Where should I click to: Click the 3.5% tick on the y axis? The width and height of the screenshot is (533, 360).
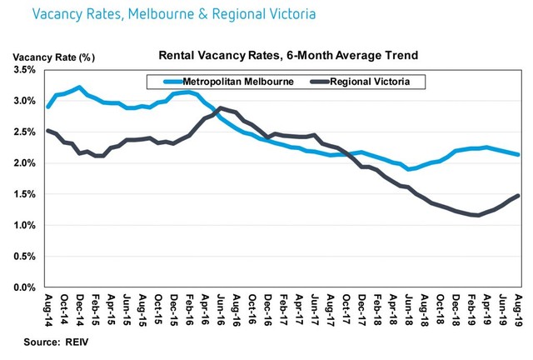point(24,70)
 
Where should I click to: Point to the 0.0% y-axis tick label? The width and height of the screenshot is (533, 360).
point(24,287)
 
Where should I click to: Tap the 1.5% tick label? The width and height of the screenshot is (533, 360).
point(24,194)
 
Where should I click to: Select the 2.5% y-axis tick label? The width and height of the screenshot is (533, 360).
point(24,132)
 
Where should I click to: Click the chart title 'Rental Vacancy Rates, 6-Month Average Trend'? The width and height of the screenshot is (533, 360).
point(288,55)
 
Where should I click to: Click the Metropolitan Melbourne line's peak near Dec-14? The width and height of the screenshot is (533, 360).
point(79,87)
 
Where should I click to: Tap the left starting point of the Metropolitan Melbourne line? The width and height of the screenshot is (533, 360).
point(48,107)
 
